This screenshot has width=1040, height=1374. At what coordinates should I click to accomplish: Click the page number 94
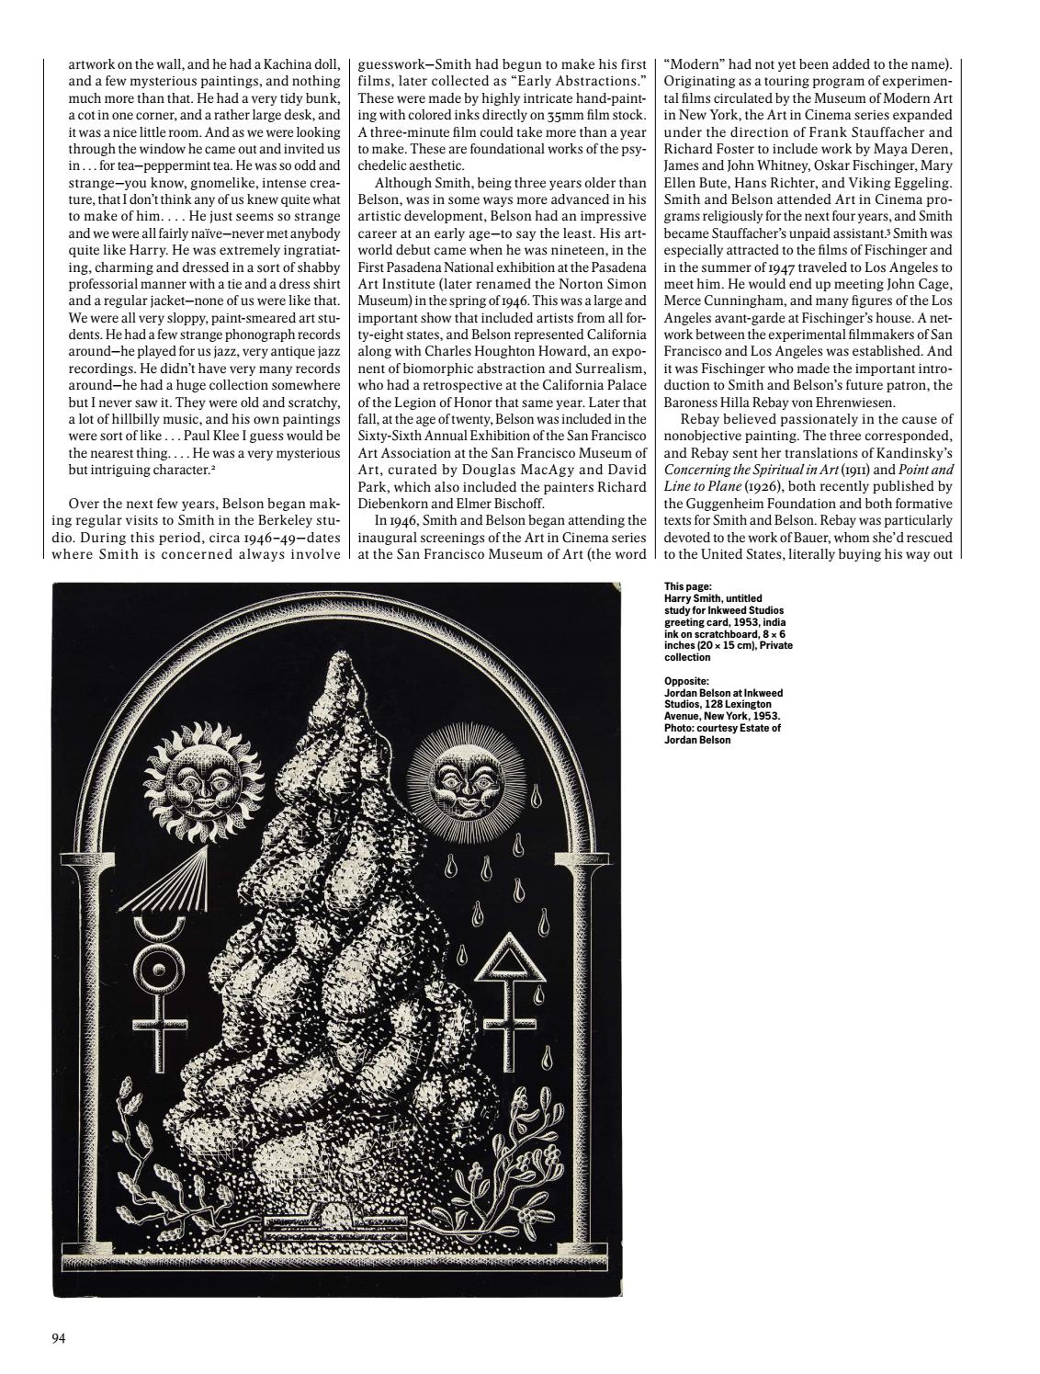click(x=58, y=1337)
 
